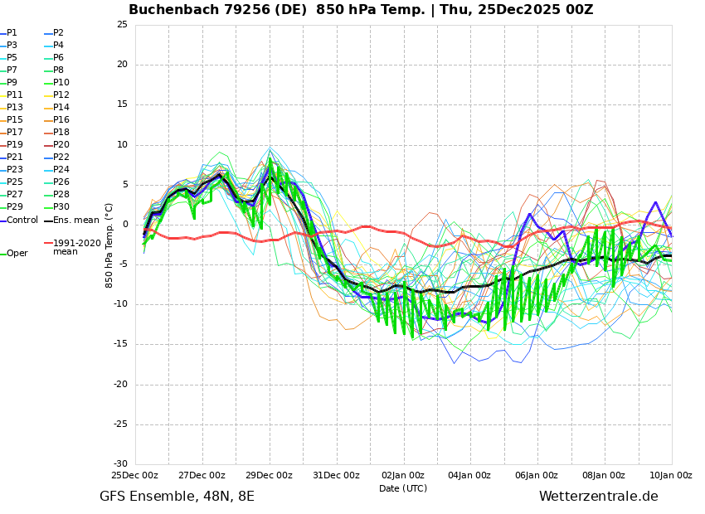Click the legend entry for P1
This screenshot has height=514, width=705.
pos(12,33)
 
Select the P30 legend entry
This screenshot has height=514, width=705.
pos(61,207)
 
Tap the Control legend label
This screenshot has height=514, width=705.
pos(22,220)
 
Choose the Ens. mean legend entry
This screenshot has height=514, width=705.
pos(75,220)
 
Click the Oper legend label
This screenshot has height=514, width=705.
pos(17,254)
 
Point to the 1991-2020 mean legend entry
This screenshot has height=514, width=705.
pos(76,247)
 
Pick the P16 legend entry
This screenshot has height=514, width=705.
pos(61,120)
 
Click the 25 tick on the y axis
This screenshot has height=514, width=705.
pos(122,25)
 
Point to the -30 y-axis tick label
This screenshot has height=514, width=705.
pos(120,464)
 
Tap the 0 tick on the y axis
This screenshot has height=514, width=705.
pos(124,225)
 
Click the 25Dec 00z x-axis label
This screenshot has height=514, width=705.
pos(135,476)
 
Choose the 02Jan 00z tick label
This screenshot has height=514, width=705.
pos(403,476)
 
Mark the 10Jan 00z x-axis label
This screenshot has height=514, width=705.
pos(671,476)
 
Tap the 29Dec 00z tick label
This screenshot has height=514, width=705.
pos(270,476)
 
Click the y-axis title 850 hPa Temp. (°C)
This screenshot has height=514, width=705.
pos(109,245)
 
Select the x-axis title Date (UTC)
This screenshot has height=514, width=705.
pos(403,488)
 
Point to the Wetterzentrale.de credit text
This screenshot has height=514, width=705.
pos(598,497)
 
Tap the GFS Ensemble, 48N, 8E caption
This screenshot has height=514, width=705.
pos(177,497)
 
